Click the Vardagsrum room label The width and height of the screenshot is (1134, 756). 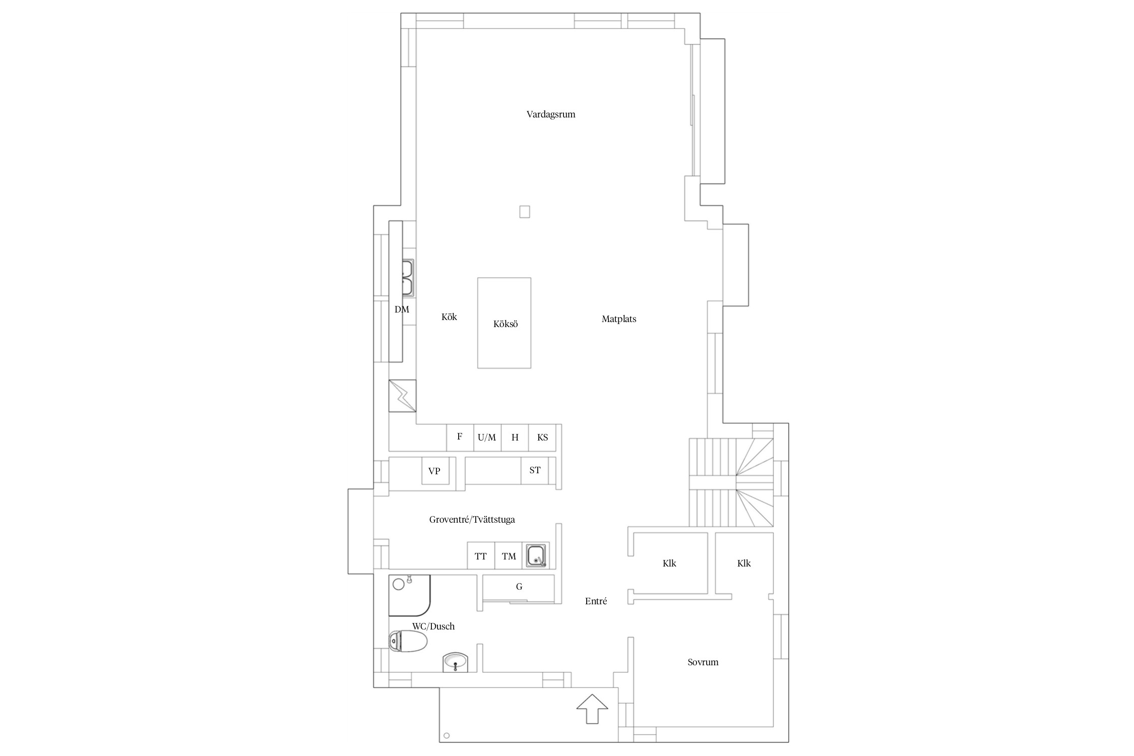pos(551,114)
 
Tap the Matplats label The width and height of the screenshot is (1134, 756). pos(619,319)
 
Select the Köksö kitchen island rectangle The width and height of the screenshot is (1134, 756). pos(504,323)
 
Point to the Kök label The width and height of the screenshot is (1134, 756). pos(449,317)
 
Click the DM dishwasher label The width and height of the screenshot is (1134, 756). pos(402,309)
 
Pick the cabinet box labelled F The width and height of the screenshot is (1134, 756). pos(460,437)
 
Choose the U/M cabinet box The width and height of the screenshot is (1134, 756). pos(487,437)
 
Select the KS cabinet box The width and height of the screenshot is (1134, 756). pos(542,437)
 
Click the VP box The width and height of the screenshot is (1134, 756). pos(435,471)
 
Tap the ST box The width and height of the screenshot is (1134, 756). pos(535,471)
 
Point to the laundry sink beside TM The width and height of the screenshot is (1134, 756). pos(536,555)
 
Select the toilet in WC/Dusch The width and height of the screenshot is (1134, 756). pos(408,642)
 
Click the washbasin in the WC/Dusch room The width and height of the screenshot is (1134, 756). pos(456,662)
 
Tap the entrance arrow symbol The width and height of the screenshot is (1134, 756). pos(592,709)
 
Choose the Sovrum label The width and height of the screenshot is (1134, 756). pos(703,662)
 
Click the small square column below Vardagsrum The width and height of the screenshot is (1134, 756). pos(525,212)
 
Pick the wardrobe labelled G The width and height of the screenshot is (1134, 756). pos(519,588)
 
